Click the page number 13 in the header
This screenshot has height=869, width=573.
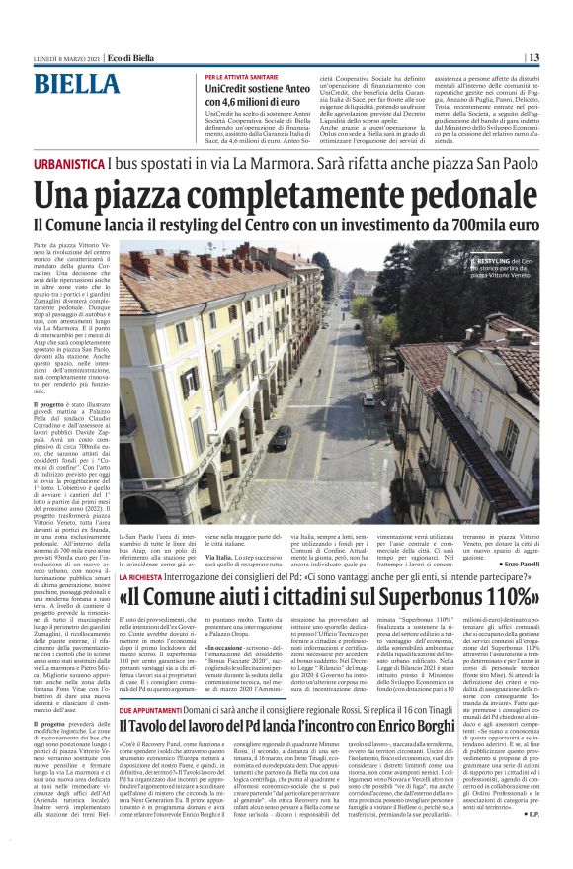point(559,57)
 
